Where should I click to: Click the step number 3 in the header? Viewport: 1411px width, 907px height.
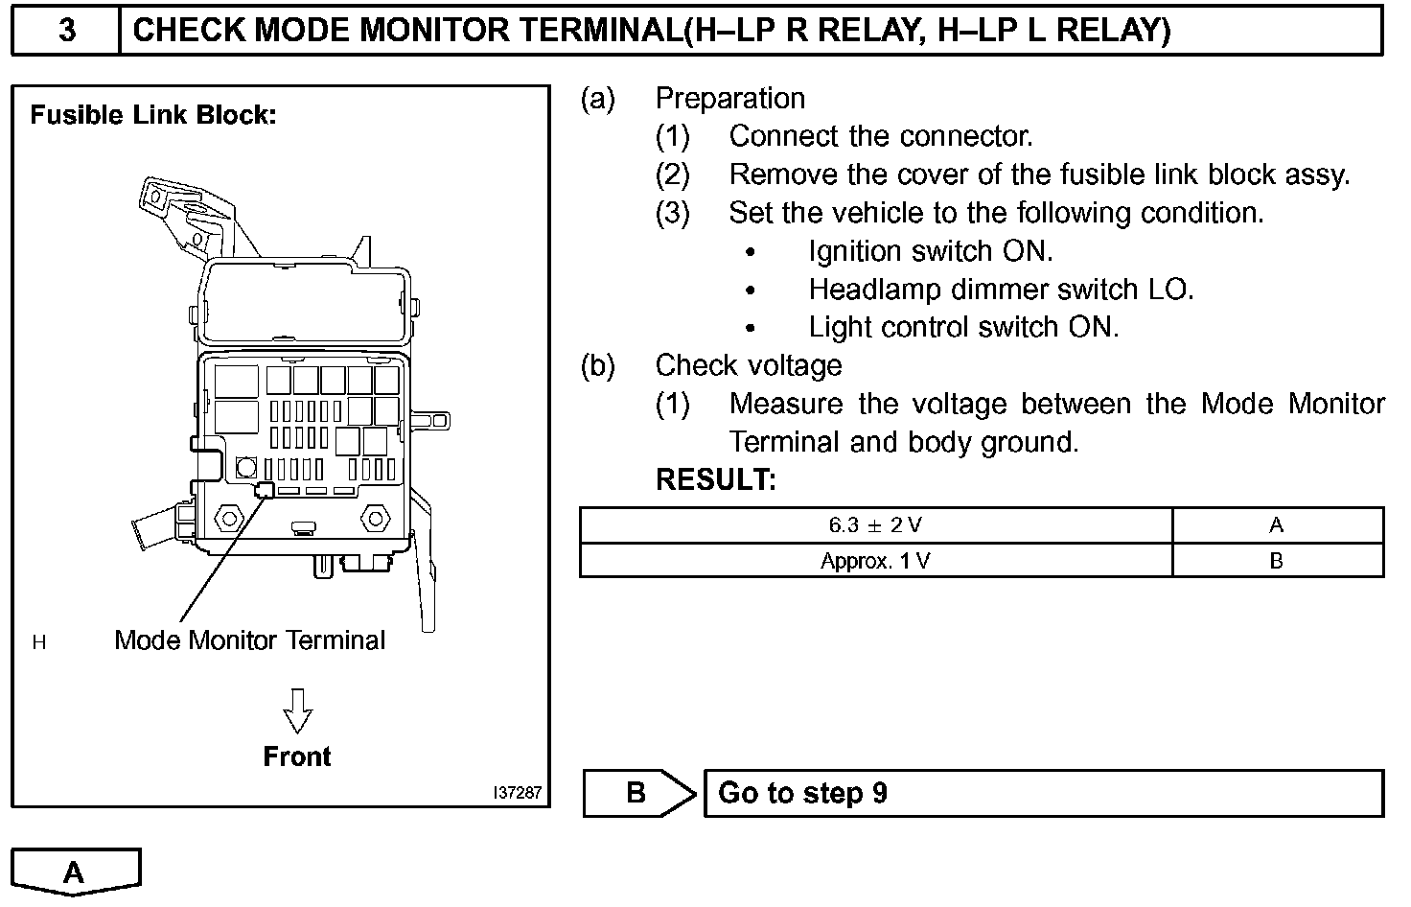66,31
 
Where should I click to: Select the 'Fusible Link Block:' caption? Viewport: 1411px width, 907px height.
153,115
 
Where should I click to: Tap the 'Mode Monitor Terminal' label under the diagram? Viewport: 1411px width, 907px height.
249,640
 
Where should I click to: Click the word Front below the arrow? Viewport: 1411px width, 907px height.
297,756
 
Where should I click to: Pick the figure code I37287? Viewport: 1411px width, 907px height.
518,793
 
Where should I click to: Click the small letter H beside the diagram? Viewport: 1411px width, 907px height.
39,642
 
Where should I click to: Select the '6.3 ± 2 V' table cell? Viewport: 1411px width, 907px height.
875,525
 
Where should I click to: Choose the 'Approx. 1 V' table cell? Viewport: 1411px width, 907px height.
875,561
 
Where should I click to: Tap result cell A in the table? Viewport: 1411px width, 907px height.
1276,525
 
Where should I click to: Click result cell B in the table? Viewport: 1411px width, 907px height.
1276,561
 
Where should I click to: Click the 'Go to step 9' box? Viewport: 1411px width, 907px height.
1043,793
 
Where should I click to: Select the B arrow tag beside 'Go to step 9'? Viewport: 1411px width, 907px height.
637,793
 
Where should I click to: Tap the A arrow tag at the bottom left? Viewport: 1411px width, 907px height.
75,872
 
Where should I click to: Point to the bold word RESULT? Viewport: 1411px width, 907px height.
715,479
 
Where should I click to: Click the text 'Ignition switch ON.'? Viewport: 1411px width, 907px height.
930,251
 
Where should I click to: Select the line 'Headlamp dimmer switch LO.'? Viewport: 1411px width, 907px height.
1001,290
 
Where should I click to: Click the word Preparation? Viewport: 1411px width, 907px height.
729,99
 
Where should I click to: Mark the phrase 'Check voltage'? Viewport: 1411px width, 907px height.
748,365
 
